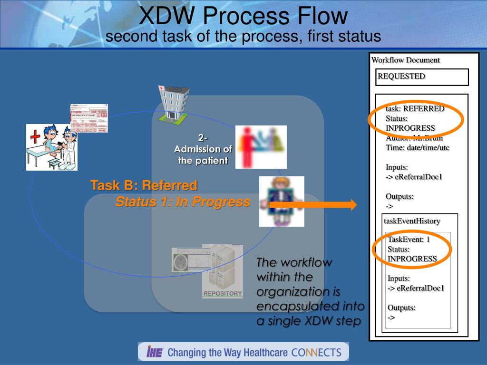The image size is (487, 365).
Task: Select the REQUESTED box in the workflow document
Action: point(422,77)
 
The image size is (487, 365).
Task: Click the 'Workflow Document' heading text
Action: point(405,60)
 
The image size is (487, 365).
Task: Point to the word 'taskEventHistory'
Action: point(412,221)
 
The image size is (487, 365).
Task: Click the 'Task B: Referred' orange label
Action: point(144,185)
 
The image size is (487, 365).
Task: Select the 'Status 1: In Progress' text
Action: point(183,202)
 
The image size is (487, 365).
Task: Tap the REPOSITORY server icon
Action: point(222,271)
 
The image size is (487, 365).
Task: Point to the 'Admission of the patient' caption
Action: point(203,150)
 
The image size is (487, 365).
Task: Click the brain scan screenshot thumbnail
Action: point(186,259)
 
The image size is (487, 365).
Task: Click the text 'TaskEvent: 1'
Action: point(409,239)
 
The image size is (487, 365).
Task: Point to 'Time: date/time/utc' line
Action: point(417,147)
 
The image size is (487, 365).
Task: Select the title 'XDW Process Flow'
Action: point(243,16)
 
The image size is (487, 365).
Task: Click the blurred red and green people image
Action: point(261,147)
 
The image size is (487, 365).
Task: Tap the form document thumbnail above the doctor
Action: point(89,117)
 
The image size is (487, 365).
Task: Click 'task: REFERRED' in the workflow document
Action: point(415,108)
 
